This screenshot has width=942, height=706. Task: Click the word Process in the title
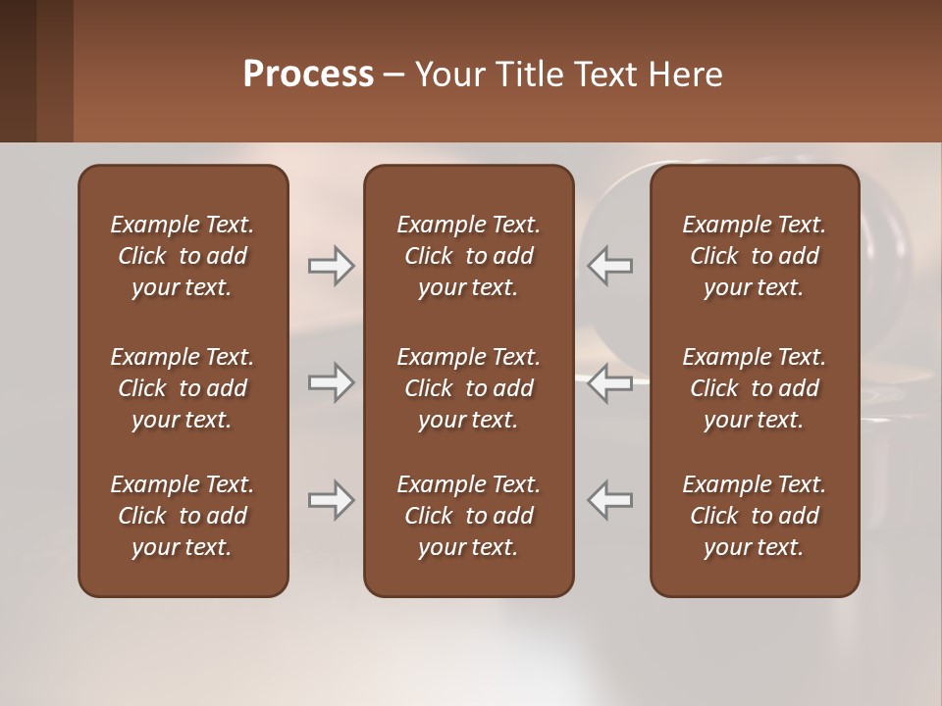pos(308,75)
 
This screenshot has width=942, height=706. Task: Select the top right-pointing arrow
pos(331,266)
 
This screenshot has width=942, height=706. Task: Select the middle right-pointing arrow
pos(331,382)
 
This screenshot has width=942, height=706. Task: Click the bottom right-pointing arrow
pos(331,500)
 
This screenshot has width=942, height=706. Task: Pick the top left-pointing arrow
pos(610,266)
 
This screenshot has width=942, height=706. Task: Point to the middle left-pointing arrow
pos(610,382)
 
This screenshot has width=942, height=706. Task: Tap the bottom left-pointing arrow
pos(610,500)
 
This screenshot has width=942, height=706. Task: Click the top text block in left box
pos(183,256)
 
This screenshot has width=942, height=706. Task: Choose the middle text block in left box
pos(183,388)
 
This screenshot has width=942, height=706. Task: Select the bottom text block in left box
pos(183,516)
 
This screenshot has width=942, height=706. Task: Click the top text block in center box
pos(468,256)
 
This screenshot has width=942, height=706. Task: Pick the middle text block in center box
pos(468,388)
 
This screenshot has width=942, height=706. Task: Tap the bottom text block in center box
pos(468,516)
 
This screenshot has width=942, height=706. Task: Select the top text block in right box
pos(754,256)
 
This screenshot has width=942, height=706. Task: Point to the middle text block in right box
pos(754,388)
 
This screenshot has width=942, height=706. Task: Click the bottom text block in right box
pos(754,516)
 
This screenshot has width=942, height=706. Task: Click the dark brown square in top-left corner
pos(18,71)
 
